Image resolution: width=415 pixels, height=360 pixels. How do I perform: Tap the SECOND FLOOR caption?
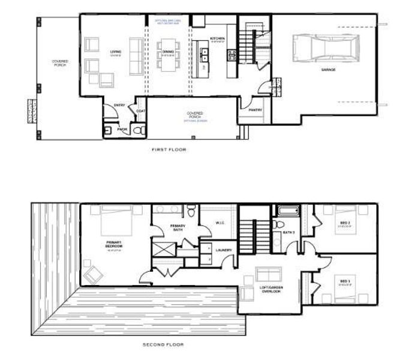(x=163, y=344)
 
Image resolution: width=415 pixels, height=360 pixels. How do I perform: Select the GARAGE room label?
(x=328, y=70)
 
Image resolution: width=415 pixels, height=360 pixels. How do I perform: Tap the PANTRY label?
(x=255, y=110)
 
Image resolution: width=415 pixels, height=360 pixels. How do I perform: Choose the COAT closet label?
(x=141, y=110)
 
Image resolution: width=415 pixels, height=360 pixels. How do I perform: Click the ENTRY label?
(x=119, y=106)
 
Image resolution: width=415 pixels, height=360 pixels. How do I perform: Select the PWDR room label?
(x=122, y=129)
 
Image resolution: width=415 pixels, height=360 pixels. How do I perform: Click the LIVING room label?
(x=115, y=52)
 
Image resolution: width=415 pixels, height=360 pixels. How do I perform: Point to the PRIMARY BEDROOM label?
(x=114, y=246)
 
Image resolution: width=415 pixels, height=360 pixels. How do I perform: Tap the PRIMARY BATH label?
(x=178, y=228)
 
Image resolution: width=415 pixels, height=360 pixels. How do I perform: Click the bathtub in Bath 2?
(x=288, y=211)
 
